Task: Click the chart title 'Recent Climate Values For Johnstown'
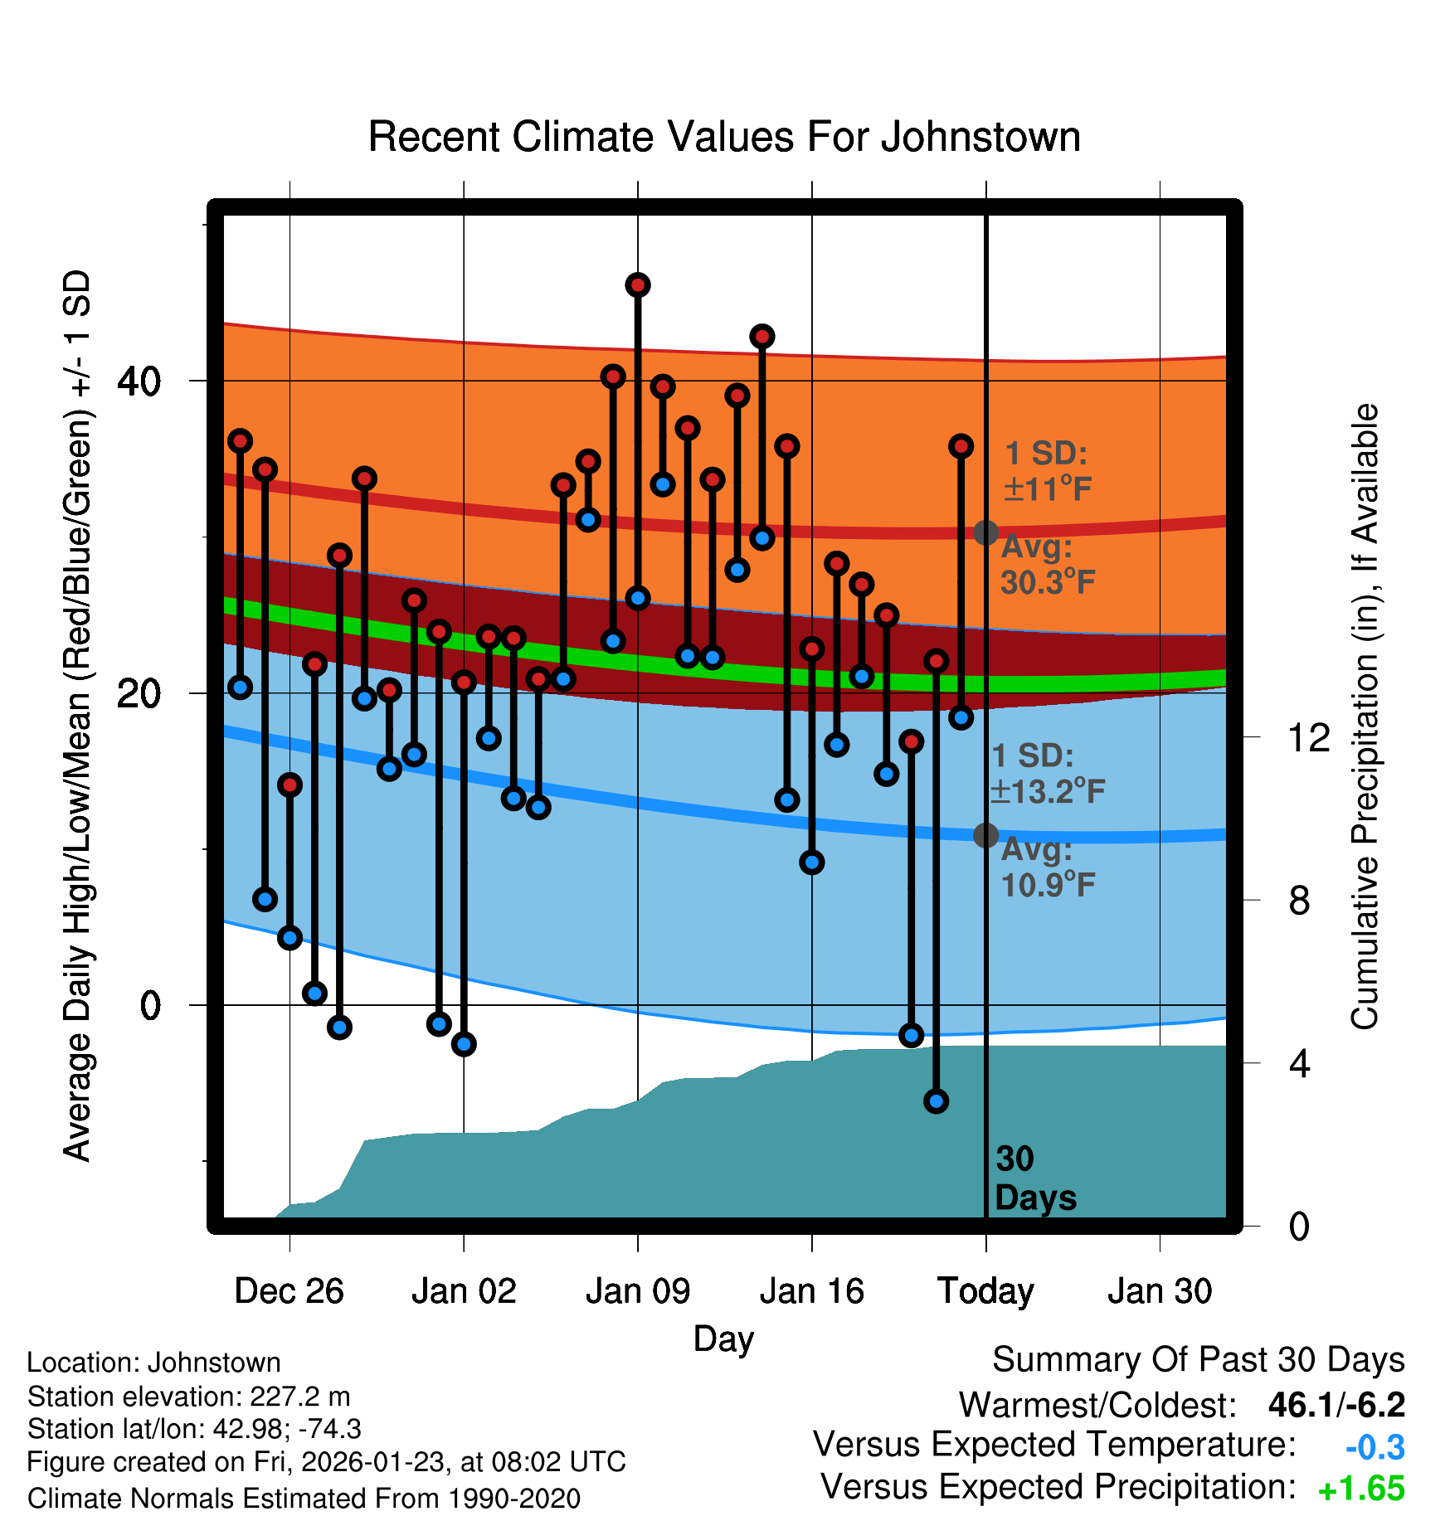724,137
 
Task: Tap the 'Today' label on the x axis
985,1291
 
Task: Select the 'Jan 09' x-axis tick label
637,1291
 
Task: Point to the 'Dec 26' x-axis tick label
289,1291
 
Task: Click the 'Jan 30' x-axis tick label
1160,1291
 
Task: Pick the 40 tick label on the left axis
139,381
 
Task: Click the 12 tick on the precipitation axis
1308,737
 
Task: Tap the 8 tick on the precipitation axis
1299,901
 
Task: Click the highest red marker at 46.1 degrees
638,285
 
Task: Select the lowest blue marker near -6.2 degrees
936,1101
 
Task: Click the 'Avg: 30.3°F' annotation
1048,565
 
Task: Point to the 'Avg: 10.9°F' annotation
1048,867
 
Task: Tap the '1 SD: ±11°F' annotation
1047,471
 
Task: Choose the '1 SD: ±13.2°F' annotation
1047,774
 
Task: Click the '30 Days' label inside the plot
1034,1178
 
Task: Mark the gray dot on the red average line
985,532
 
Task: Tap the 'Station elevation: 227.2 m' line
188,1397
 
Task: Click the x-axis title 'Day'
723,1339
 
